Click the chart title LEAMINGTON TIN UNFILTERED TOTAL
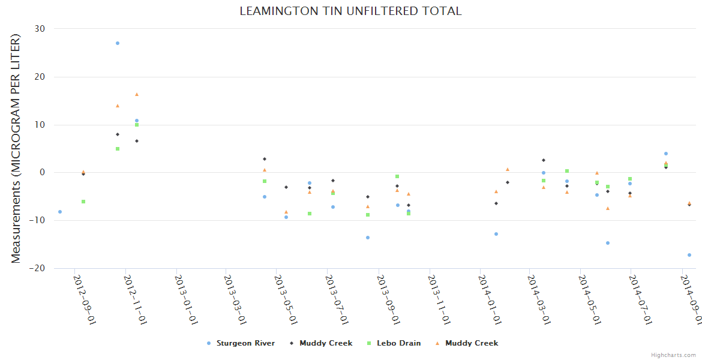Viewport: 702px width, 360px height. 350,11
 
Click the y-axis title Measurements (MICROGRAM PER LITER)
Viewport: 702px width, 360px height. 16,148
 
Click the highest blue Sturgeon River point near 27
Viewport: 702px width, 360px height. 118,43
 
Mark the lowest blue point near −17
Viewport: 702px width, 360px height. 689,255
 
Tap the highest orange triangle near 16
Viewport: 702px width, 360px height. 137,94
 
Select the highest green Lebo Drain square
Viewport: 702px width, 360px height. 137,125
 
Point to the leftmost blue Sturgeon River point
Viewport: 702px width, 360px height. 60,212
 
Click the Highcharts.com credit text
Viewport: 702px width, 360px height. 674,355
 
